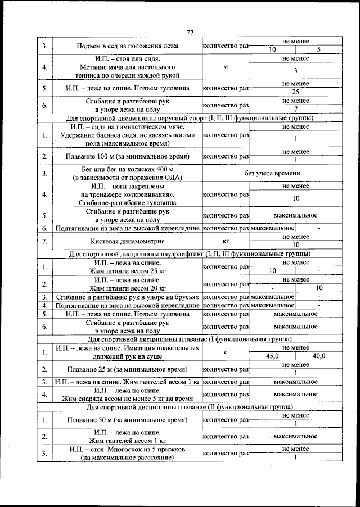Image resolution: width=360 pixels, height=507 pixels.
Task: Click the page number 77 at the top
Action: (190, 33)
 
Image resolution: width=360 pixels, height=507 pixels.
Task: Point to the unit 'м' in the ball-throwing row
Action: (225, 67)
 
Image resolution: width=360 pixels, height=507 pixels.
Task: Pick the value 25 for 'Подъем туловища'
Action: (295, 92)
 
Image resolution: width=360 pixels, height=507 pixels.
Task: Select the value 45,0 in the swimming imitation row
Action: (272, 355)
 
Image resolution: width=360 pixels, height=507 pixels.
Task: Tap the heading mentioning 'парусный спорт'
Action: (190, 119)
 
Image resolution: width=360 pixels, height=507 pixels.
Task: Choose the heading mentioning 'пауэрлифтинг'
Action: (190, 254)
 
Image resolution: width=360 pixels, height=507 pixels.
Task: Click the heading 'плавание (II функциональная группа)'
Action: (190, 406)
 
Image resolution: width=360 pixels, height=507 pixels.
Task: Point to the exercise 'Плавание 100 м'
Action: (127, 156)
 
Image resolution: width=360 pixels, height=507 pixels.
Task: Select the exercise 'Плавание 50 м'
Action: (127, 420)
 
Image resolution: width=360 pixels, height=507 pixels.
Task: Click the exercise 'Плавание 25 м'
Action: (127, 369)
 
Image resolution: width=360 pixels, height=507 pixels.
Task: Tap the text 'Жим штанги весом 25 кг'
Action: (127, 271)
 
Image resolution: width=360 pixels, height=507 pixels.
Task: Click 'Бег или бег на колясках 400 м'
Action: (127, 169)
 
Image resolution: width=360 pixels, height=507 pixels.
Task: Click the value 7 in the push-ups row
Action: (295, 108)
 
